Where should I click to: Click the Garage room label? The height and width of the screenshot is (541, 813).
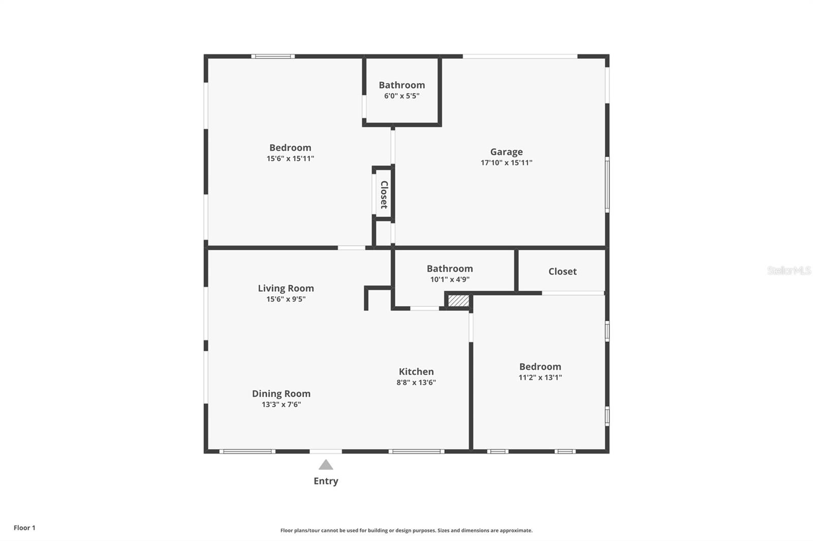point(506,152)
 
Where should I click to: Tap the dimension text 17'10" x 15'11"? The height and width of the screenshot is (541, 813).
point(506,163)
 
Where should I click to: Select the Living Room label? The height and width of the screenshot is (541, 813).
point(286,288)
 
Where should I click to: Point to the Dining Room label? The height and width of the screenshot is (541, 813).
point(281,394)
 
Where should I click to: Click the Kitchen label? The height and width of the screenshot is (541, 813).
point(416,371)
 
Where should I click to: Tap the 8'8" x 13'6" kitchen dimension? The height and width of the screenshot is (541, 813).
point(416,383)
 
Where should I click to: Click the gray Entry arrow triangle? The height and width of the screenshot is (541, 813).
point(326,465)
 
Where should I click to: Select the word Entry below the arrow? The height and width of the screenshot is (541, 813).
point(326,481)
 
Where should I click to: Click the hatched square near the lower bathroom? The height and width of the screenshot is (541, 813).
point(458,301)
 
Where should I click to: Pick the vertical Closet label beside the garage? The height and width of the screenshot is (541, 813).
point(384,194)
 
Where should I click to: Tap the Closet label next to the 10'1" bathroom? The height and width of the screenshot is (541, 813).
point(562,272)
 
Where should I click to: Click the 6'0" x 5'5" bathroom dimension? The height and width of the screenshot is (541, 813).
point(401,96)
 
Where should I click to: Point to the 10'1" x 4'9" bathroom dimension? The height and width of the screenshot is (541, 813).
point(450,280)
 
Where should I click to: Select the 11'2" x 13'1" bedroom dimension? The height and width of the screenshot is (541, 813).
point(540,378)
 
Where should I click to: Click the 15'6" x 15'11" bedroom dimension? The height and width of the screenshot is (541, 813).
point(290,158)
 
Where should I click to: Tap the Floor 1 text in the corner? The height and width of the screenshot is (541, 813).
point(24,528)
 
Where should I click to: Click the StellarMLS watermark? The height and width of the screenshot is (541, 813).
point(789,270)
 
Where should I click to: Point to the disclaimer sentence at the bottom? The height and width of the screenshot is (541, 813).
point(407,530)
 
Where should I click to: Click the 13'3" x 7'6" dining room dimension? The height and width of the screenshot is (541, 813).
point(281,404)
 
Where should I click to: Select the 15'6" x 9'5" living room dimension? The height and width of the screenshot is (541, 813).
point(286,299)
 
